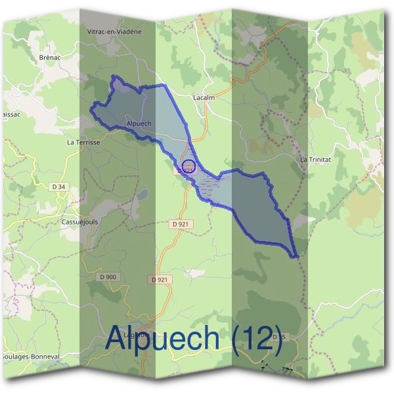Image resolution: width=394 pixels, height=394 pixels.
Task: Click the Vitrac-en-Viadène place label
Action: pyautogui.click(x=114, y=31)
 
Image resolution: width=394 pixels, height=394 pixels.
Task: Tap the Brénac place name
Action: pyautogui.click(x=49, y=58)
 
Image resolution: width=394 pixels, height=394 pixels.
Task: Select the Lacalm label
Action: pyautogui.click(x=204, y=97)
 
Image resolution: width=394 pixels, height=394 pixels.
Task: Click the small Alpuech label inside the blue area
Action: pyautogui.click(x=139, y=123)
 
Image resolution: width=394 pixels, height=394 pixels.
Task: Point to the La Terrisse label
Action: pyautogui.click(x=83, y=141)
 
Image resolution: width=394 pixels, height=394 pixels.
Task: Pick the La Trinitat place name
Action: pyautogui.click(x=313, y=160)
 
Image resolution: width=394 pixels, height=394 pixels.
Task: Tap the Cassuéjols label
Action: pyautogui.click(x=79, y=222)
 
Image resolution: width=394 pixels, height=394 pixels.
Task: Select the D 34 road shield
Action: pyautogui.click(x=59, y=187)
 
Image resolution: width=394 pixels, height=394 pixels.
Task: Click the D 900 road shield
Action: pyautogui.click(x=108, y=277)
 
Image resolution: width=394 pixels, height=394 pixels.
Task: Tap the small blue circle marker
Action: pyautogui.click(x=188, y=165)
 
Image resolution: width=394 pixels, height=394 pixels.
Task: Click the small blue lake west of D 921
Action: pyautogui.click(x=141, y=194)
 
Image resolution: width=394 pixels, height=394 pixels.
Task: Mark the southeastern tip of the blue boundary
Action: pyautogui.click(x=297, y=256)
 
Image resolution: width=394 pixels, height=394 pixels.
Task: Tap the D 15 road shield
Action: pyautogui.click(x=278, y=337)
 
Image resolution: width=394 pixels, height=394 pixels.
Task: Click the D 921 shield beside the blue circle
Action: pyautogui.click(x=184, y=170)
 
